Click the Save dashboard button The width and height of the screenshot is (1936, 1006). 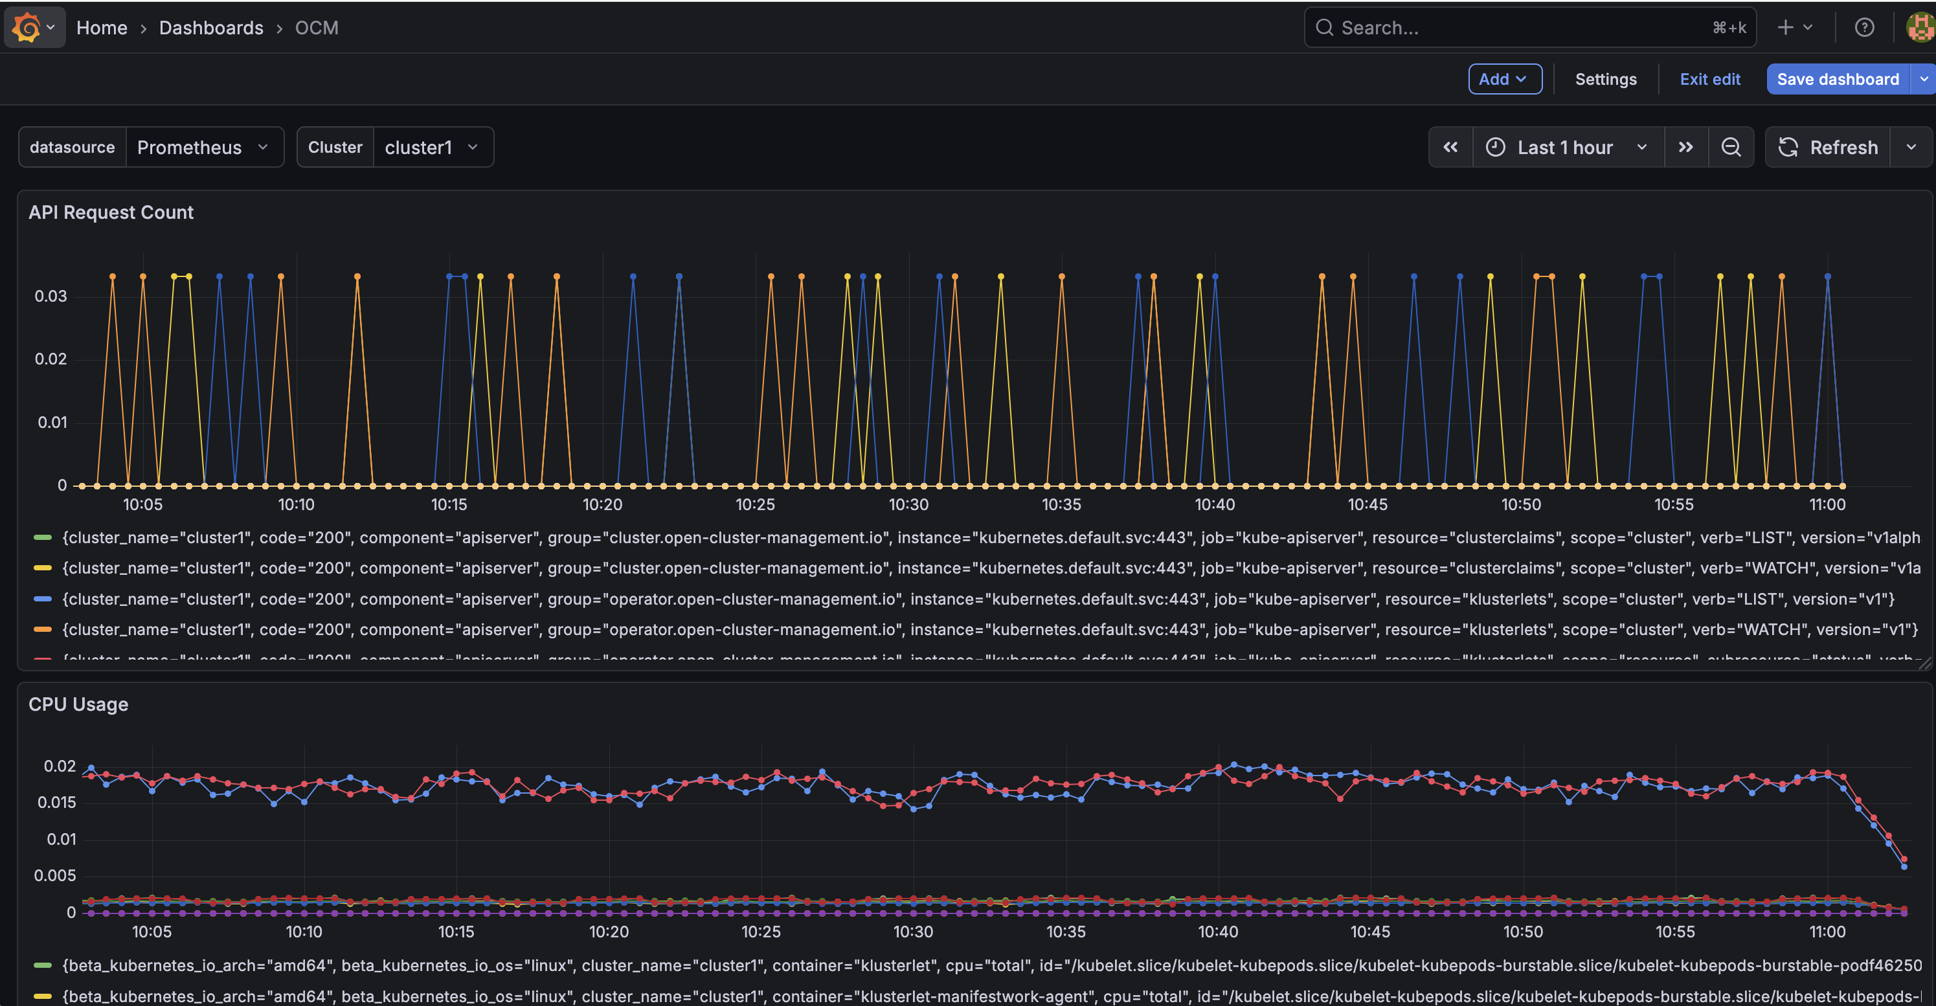[1837, 79]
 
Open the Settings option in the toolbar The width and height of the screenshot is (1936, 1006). [1605, 79]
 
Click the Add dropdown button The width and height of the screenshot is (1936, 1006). [1505, 79]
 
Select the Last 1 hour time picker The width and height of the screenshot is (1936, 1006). [1566, 147]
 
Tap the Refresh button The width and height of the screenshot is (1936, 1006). [1829, 147]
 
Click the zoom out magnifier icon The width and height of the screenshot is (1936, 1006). [1731, 147]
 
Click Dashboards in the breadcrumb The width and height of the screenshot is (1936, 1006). [211, 28]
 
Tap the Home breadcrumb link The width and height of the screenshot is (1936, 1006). [102, 28]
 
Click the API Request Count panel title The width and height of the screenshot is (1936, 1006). [111, 212]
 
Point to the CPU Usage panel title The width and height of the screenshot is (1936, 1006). [78, 704]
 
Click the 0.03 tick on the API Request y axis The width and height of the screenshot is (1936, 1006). [51, 296]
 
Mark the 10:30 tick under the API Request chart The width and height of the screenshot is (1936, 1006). [908, 504]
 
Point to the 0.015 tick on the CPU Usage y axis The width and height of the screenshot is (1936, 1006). [56, 802]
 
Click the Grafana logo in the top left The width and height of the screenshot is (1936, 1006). [27, 28]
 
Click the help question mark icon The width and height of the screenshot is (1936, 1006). [1864, 28]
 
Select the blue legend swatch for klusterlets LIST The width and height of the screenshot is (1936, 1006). [43, 599]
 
